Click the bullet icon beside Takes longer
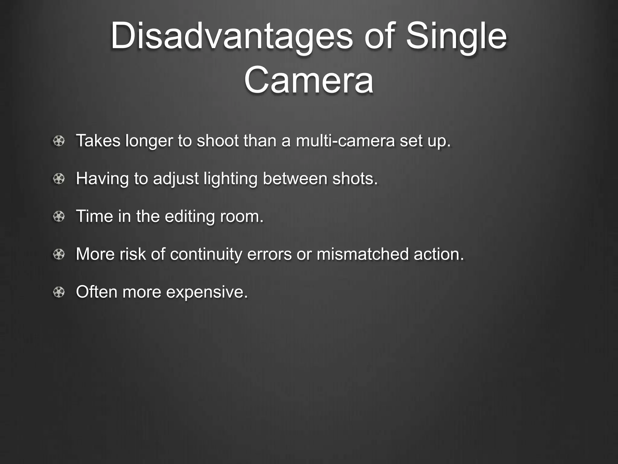[x=59, y=141]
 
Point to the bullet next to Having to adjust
[x=59, y=179]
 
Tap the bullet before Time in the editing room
[x=59, y=217]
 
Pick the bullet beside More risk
[x=59, y=254]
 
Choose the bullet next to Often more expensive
[x=59, y=292]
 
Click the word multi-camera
[x=345, y=141]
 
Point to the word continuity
[x=206, y=254]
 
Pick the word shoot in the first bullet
[x=218, y=141]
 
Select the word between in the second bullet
[x=295, y=179]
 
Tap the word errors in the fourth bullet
[x=269, y=254]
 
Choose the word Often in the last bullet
[x=97, y=292]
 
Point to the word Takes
[x=98, y=141]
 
